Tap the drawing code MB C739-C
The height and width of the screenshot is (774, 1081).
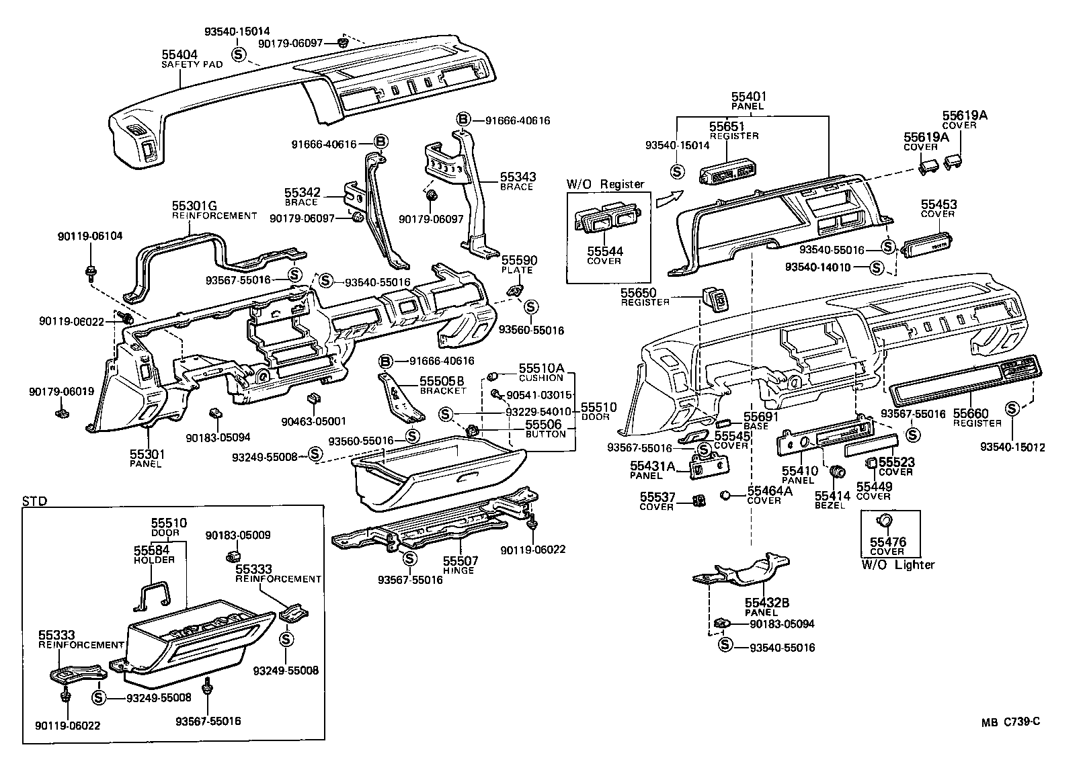pos(1010,722)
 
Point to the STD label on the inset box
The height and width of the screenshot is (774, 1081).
pos(32,501)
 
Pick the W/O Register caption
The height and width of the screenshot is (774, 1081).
pos(605,184)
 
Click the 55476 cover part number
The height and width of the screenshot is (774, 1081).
pos(887,542)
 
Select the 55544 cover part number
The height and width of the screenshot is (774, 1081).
pos(605,252)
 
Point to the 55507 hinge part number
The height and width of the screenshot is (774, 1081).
pos(461,560)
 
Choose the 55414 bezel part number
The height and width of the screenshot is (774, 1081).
pos(832,496)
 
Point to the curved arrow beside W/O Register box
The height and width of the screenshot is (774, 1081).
pos(668,199)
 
